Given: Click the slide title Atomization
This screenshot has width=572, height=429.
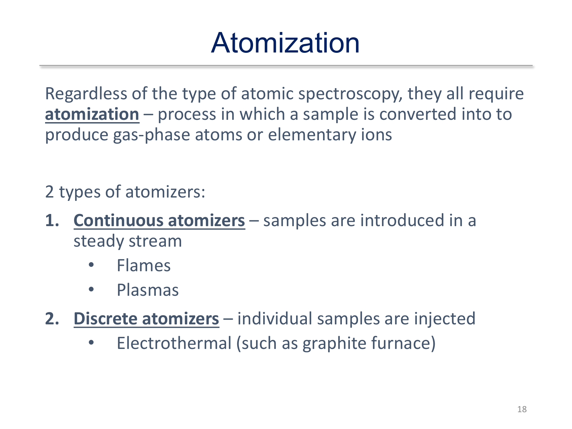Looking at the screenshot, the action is (285, 43).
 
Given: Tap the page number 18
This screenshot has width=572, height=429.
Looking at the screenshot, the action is (522, 409).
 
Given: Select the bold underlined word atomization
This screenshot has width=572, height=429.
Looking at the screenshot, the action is (92, 114).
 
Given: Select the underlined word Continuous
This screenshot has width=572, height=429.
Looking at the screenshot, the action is (118, 221).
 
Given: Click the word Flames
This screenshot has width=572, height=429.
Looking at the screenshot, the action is (144, 266).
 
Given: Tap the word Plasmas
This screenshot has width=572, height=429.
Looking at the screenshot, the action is (148, 290).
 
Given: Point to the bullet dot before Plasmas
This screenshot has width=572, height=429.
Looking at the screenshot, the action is (91, 290).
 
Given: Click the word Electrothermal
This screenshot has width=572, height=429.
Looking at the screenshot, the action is (174, 344).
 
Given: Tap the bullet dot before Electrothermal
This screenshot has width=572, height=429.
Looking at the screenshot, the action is (91, 343).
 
